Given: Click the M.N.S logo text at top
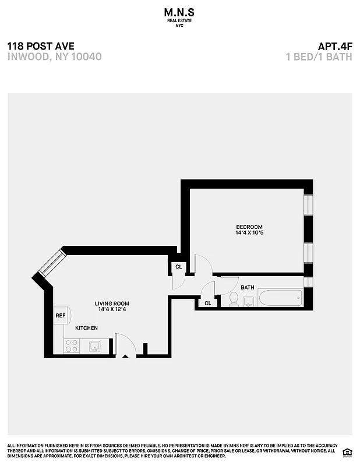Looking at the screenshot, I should [179, 11].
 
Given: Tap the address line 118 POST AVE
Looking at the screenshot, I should [41, 46].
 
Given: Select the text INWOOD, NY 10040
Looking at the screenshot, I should [55, 57].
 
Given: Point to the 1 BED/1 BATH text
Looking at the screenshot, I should [319, 57].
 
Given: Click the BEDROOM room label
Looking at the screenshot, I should [249, 227].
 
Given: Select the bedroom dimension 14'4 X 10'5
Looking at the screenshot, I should [249, 233].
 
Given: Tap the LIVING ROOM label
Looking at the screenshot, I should [112, 303].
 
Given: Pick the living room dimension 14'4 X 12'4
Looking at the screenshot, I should [112, 310].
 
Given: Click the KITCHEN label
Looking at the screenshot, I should [86, 328].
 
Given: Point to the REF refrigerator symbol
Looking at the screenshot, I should [61, 316].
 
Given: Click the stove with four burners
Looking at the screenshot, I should [71, 346].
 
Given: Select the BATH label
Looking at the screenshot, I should [248, 287].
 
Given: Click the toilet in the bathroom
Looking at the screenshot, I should [233, 299].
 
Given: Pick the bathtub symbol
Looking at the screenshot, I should [280, 298].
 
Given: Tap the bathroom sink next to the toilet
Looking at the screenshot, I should [248, 301].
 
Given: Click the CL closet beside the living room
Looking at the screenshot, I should [178, 267].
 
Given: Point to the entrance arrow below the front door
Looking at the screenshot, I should [125, 356].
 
